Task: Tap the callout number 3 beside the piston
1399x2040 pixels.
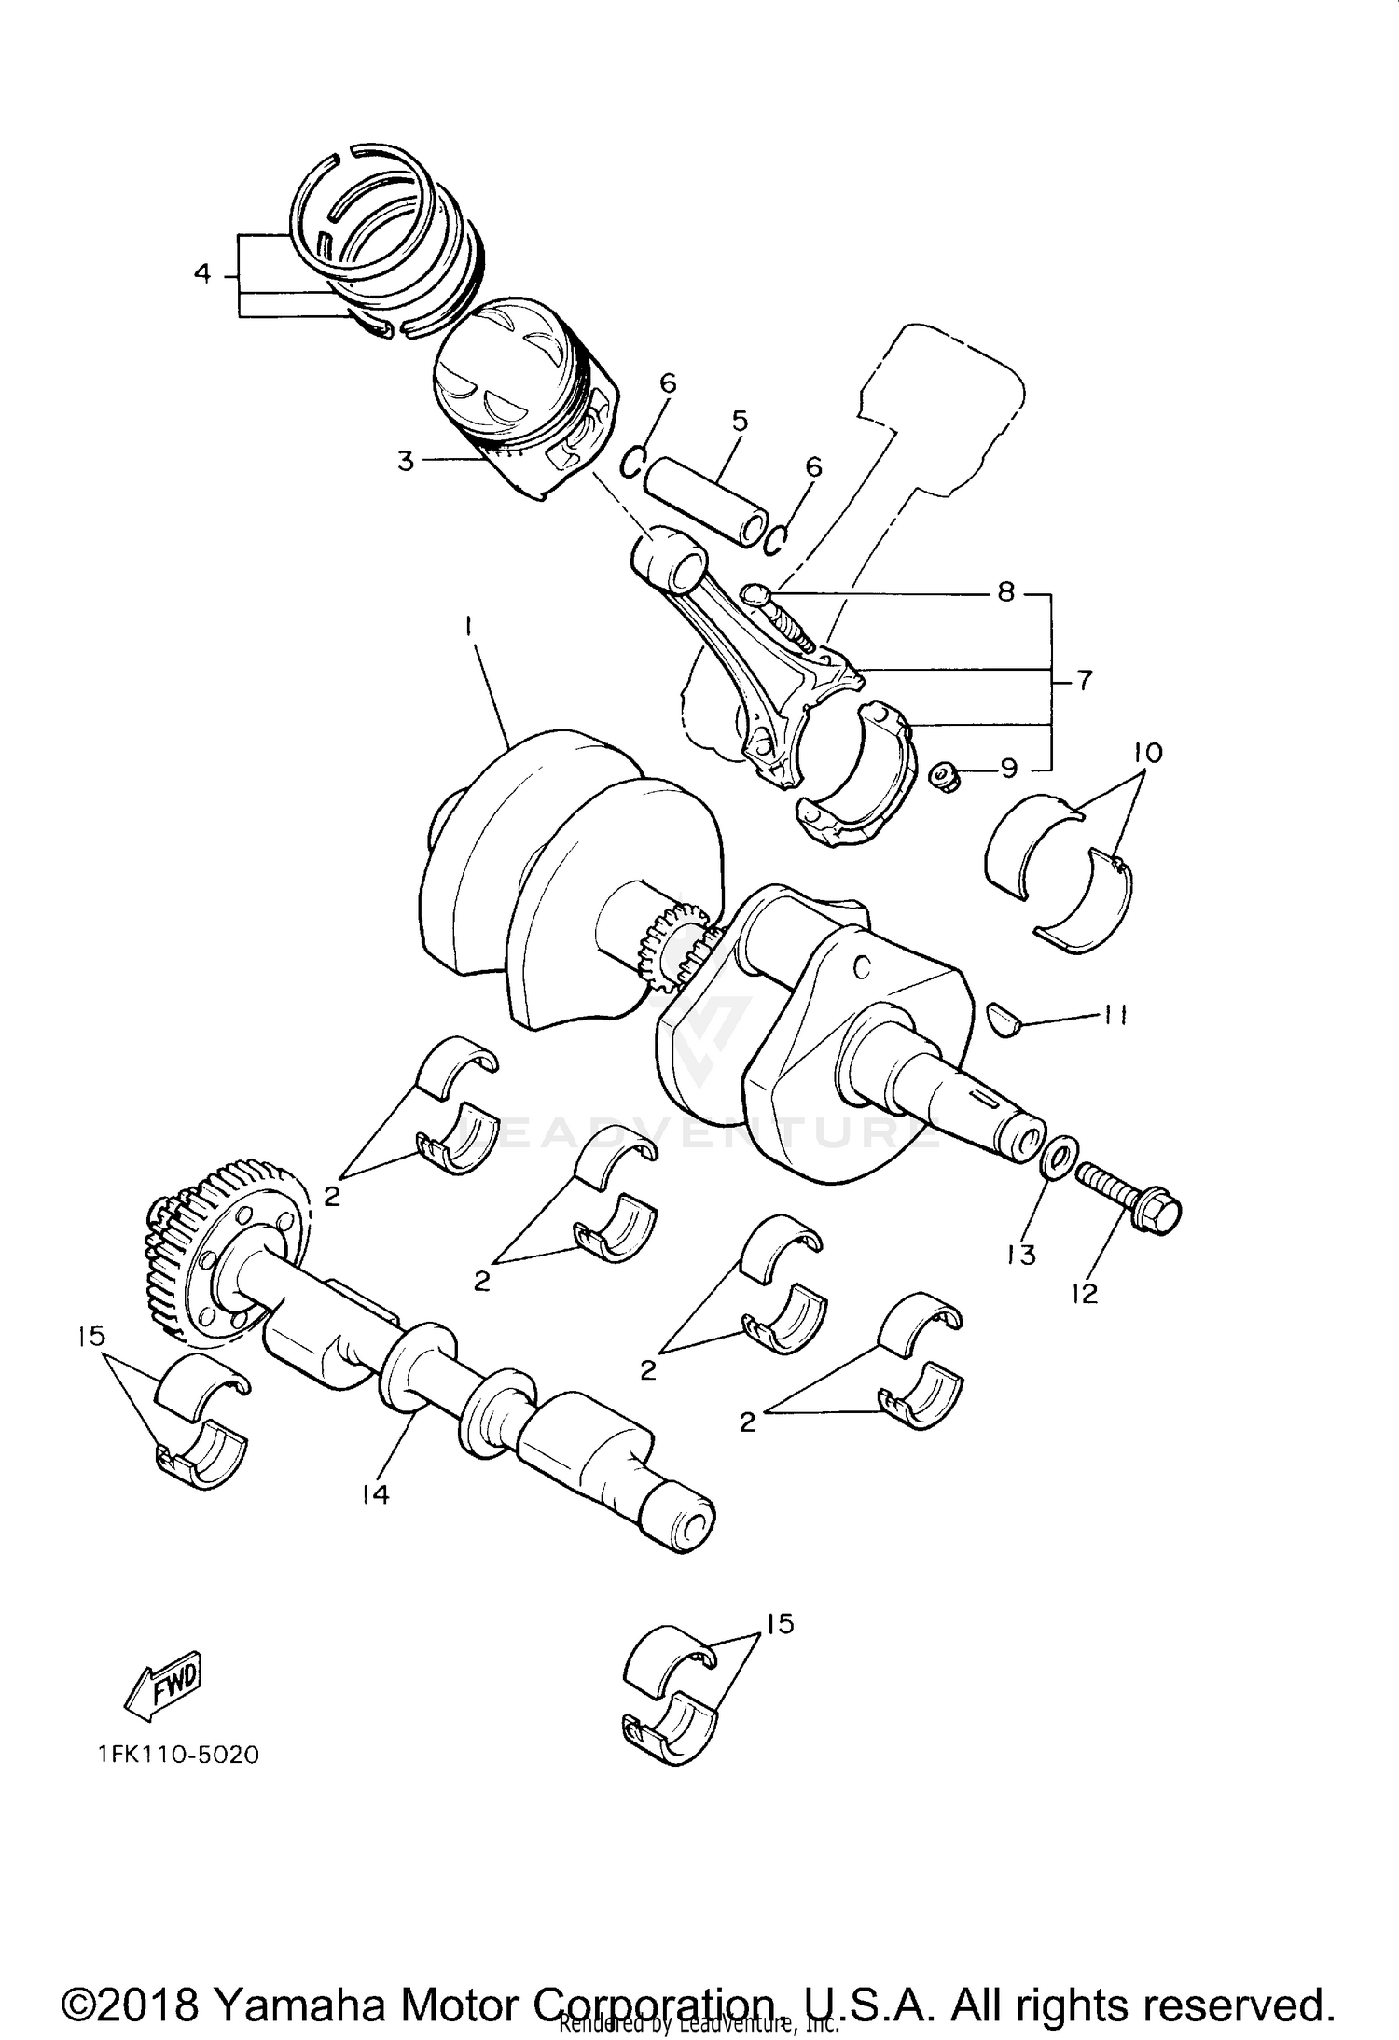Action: (406, 461)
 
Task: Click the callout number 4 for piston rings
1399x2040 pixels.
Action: (202, 274)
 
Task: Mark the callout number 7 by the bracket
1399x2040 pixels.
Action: (1084, 682)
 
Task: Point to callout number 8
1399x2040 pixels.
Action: (1005, 592)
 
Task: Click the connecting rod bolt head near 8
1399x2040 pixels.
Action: (756, 593)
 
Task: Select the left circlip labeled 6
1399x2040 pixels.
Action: (634, 461)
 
